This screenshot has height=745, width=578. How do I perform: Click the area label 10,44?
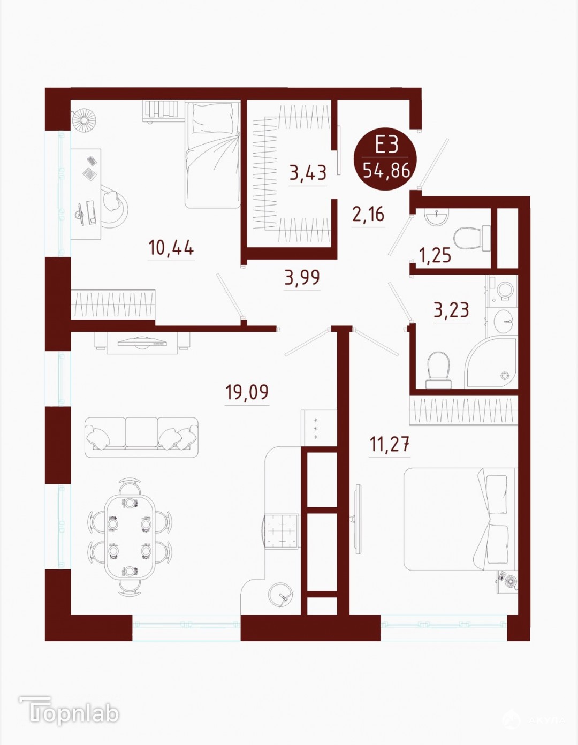pyautogui.click(x=171, y=248)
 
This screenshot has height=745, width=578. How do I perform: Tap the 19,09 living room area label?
pyautogui.click(x=247, y=392)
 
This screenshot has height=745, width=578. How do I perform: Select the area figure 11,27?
pyautogui.click(x=390, y=445)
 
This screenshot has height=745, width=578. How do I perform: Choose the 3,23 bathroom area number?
pyautogui.click(x=451, y=310)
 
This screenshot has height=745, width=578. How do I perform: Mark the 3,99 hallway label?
pyautogui.click(x=302, y=277)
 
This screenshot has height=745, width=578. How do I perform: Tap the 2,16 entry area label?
pyautogui.click(x=369, y=214)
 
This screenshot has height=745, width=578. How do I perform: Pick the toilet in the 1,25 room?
pyautogui.click(x=472, y=238)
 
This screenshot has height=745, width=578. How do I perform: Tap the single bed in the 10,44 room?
pyautogui.click(x=212, y=155)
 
